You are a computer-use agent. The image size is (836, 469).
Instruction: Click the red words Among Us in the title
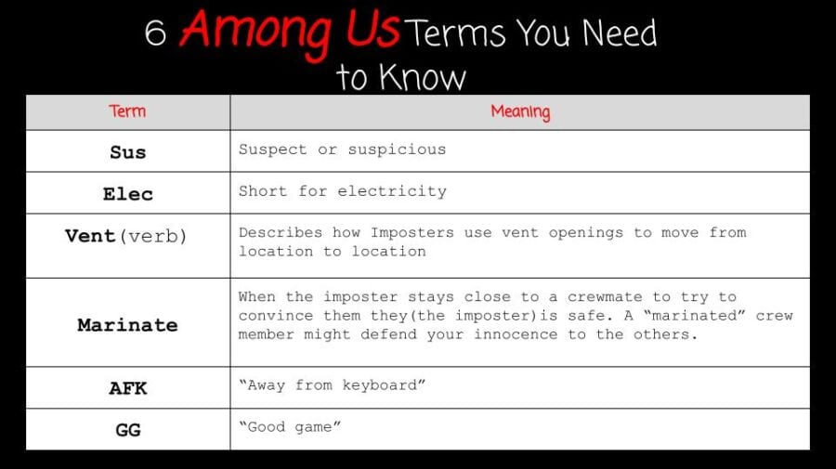pos(289,30)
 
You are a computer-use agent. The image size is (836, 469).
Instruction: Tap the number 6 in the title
pos(155,33)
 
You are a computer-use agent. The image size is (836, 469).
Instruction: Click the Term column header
pos(127,111)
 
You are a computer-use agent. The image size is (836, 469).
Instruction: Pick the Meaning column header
pos(520,111)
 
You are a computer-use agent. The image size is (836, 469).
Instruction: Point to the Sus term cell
pos(127,151)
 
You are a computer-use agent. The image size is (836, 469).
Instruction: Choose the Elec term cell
pos(127,193)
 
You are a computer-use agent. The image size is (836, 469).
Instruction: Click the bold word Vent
pos(90,235)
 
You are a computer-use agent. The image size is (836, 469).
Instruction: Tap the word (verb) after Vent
pos(152,236)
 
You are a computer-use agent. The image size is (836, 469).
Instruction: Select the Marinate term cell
pos(127,324)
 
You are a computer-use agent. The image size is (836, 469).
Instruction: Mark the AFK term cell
pos(127,387)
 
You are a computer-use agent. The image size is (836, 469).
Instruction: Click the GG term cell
pos(127,429)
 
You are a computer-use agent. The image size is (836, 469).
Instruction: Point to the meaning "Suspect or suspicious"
pos(342,150)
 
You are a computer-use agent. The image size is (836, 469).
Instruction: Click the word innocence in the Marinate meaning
pos(512,334)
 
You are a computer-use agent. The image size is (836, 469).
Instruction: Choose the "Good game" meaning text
pos(290,426)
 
